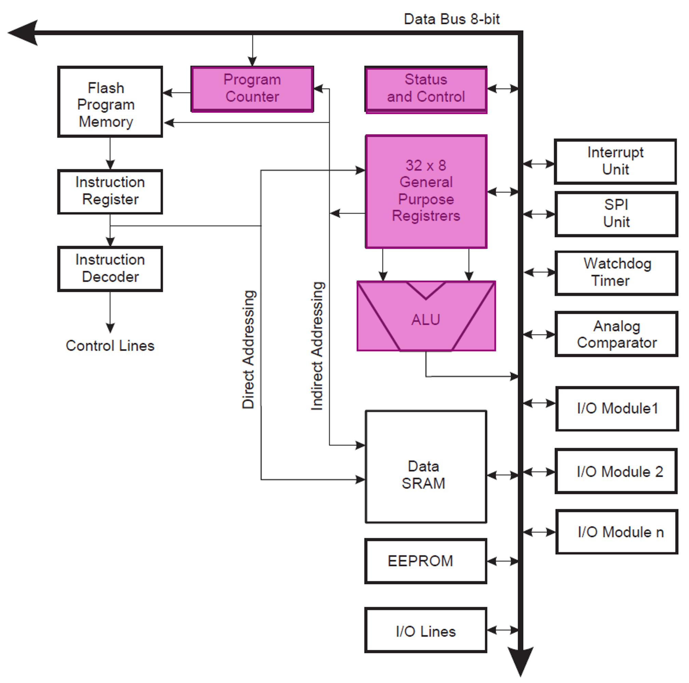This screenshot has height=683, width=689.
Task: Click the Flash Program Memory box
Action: (x=110, y=102)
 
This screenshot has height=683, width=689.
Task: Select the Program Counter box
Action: (x=252, y=89)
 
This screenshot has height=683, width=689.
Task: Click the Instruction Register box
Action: (x=110, y=191)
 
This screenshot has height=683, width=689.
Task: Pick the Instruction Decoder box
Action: (x=110, y=269)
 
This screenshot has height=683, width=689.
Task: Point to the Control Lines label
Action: (x=110, y=346)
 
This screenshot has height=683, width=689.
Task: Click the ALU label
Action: (x=426, y=320)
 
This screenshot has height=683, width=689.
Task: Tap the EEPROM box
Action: (x=425, y=561)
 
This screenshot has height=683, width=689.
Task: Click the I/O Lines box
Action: (x=425, y=631)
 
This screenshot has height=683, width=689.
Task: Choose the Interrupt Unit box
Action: (x=615, y=161)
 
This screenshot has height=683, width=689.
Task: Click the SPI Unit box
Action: (x=616, y=214)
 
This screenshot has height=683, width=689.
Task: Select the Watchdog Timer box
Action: (x=616, y=273)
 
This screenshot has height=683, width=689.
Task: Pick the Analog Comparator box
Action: (x=616, y=334)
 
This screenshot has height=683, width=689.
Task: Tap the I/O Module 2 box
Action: (x=616, y=471)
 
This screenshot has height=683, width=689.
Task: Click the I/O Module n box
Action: (x=617, y=532)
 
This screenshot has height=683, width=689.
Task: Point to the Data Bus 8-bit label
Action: (x=451, y=19)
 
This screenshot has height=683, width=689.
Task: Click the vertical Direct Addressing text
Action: (x=248, y=349)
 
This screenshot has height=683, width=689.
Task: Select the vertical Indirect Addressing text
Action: (x=317, y=346)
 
